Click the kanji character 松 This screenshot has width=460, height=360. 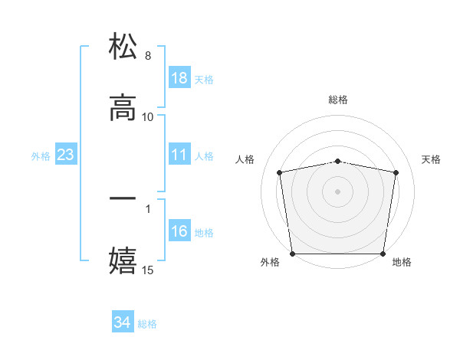click(123, 47)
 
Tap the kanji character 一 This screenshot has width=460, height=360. click(123, 198)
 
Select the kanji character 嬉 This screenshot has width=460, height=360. click(123, 259)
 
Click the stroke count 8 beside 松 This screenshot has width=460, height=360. click(148, 56)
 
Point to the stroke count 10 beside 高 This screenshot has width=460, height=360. click(148, 116)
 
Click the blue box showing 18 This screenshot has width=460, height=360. click(179, 78)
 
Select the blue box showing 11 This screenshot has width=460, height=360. click(179, 155)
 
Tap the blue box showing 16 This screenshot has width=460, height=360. click(179, 231)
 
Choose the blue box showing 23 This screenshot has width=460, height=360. click(66, 155)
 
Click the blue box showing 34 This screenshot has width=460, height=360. click(123, 322)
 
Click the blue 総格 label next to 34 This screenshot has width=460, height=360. click(147, 324)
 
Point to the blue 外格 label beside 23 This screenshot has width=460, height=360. click(41, 156)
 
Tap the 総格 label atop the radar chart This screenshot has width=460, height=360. click(338, 100)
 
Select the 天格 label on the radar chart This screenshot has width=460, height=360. click(431, 159)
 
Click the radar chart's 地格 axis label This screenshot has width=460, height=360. click(402, 262)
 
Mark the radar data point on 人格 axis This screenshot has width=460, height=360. click(280, 172)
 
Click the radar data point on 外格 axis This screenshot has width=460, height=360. click(293, 254)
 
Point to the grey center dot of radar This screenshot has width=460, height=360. click(338, 191)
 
